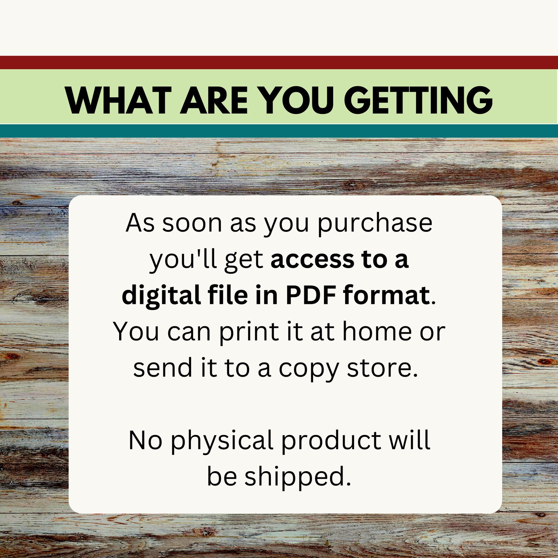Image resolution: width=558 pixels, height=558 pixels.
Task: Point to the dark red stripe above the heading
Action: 279,63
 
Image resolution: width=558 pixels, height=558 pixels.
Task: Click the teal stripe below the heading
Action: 279,131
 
